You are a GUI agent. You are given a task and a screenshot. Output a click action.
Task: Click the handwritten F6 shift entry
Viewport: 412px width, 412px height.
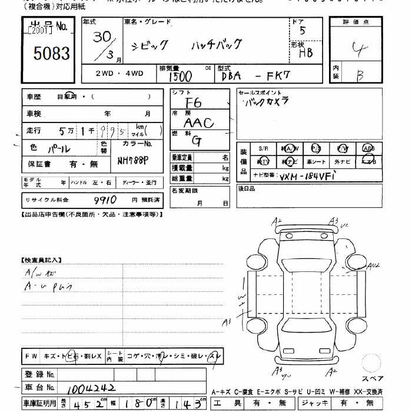(193, 103)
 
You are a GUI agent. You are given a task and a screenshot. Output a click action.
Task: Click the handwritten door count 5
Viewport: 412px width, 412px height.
(302, 32)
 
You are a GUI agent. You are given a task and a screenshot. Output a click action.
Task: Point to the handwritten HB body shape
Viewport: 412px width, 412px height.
(305, 52)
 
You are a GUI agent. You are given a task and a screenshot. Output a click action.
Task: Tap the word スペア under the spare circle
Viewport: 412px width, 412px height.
(372, 378)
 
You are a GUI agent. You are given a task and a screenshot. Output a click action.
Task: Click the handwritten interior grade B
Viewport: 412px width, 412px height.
(360, 76)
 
